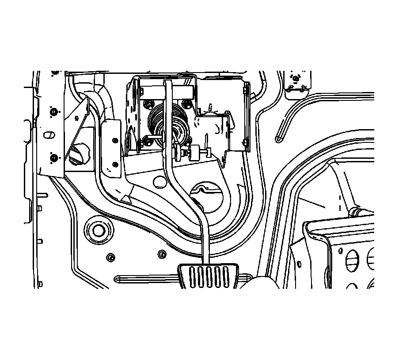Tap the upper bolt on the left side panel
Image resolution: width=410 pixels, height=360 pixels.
(53, 111)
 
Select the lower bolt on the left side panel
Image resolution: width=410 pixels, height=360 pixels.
(53, 158)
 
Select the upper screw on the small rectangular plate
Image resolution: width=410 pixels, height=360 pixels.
(115, 140)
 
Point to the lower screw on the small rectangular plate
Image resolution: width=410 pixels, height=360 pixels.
(115, 165)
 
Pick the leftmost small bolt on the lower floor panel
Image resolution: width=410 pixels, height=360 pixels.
(110, 257)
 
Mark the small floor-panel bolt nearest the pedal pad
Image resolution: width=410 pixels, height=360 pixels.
(162, 254)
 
